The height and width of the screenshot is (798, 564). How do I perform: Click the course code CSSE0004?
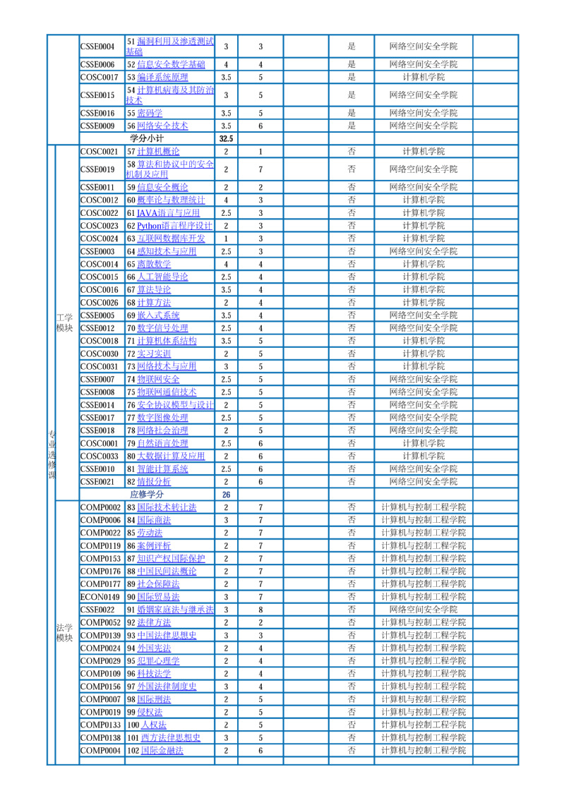click(97, 47)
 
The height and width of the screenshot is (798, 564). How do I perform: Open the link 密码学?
click(150, 113)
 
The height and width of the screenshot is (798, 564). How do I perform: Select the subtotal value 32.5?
click(226, 139)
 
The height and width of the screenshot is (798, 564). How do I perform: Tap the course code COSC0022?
click(99, 213)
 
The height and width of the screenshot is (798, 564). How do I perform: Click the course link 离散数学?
click(154, 264)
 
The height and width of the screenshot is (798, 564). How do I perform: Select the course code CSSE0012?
click(97, 328)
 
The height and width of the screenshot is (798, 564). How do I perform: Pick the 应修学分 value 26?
click(226, 495)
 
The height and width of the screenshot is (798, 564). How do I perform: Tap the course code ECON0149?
click(100, 597)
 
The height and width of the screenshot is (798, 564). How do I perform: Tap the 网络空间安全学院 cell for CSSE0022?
click(424, 610)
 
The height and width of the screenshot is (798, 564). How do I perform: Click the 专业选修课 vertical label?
click(52, 454)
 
